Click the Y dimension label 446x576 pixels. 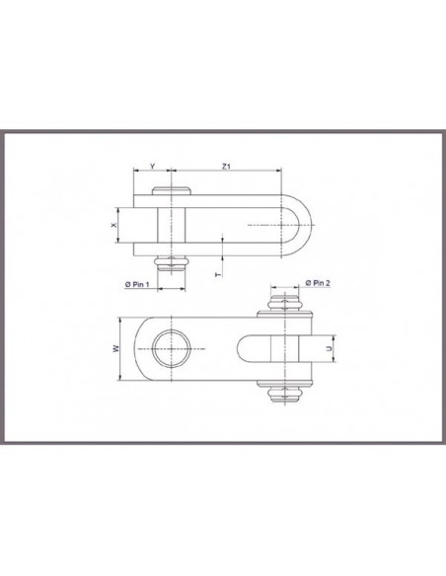tap(152, 167)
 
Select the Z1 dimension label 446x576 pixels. tap(226, 167)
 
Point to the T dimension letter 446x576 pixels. tap(217, 274)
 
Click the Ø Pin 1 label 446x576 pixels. tap(138, 284)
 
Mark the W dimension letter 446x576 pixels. tap(115, 348)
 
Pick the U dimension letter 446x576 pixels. tap(329, 348)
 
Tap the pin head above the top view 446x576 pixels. tap(173, 191)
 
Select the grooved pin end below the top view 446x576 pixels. tap(173, 263)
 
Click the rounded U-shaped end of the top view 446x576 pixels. tap(301, 226)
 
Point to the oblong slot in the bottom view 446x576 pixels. tap(255, 348)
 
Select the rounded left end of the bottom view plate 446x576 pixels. tap(144, 348)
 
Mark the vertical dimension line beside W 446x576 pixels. tap(121, 348)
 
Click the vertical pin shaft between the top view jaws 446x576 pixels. tap(173, 226)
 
